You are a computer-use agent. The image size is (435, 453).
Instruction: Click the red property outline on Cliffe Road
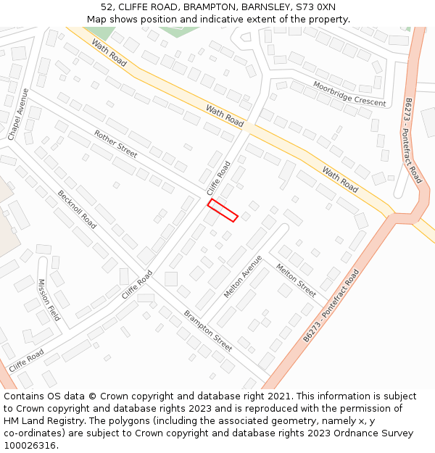point(223,209)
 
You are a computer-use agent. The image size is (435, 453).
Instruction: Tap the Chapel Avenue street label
point(18,115)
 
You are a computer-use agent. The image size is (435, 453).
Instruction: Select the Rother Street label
point(115,144)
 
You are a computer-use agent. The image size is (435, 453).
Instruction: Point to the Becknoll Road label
point(77,209)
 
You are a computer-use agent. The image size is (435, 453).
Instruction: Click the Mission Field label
point(49,300)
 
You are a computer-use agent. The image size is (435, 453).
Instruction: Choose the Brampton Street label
point(208,331)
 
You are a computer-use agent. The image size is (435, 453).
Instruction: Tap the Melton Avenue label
point(243,276)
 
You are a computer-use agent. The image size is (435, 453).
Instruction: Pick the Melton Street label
point(296,280)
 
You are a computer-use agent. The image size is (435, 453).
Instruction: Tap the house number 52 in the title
point(107,7)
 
